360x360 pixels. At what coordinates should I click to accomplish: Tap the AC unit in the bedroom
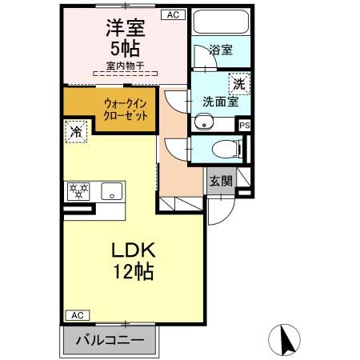tap(171, 14)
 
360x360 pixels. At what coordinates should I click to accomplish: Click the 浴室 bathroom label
tap(220, 50)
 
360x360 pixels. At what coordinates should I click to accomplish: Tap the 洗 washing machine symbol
tap(238, 82)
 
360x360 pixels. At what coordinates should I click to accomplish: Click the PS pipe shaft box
tap(245, 125)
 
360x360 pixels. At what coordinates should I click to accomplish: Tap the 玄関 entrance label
tap(222, 181)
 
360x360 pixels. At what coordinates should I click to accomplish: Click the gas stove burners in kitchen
tap(79, 190)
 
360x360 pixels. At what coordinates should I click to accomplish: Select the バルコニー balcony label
tap(110, 340)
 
